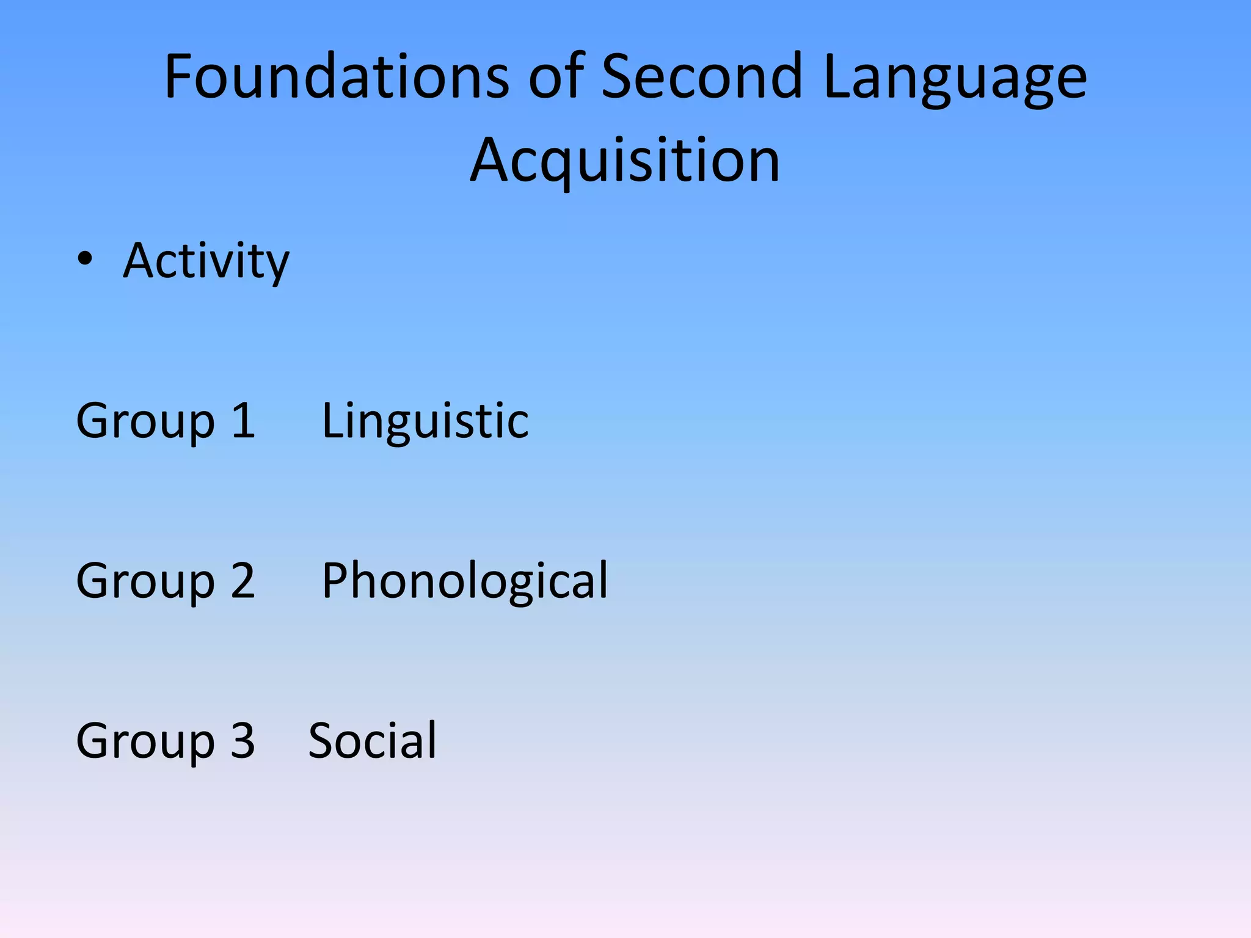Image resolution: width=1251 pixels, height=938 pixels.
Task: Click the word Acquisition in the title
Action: tap(625, 160)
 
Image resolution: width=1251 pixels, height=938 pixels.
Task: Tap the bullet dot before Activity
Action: tap(85, 260)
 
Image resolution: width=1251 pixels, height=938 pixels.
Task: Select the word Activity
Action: tap(206, 261)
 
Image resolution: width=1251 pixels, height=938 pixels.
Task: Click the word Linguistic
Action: tap(425, 421)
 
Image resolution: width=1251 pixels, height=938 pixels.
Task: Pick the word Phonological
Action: tap(464, 581)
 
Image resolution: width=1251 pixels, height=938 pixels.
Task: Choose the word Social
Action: tap(373, 741)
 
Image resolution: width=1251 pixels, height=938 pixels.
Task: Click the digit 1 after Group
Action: tap(244, 421)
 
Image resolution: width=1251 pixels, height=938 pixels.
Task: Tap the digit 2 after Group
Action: tap(243, 581)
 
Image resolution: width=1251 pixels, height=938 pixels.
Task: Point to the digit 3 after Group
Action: tap(243, 741)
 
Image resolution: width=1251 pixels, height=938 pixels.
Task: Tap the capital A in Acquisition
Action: tap(491, 160)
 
